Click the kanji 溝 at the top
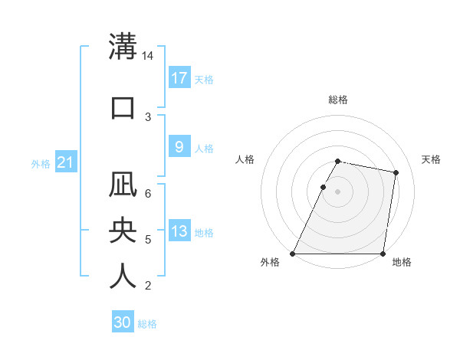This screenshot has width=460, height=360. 123,46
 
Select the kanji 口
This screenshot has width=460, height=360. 123,107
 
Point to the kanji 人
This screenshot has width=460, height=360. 123,276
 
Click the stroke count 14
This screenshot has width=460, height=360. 148,56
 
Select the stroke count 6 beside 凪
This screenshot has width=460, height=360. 148,194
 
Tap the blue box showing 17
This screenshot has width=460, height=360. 179,77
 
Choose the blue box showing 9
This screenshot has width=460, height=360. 179,147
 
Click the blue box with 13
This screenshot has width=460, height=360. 179,231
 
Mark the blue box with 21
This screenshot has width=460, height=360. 65,162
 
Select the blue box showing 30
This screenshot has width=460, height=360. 123,322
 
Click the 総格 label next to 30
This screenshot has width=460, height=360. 147,324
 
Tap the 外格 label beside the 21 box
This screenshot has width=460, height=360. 41,163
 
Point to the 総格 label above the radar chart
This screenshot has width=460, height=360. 338,100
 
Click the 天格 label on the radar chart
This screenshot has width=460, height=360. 432,159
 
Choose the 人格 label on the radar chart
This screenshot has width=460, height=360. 245,159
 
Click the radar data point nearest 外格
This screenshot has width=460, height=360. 293,254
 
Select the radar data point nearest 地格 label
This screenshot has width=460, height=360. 383,254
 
